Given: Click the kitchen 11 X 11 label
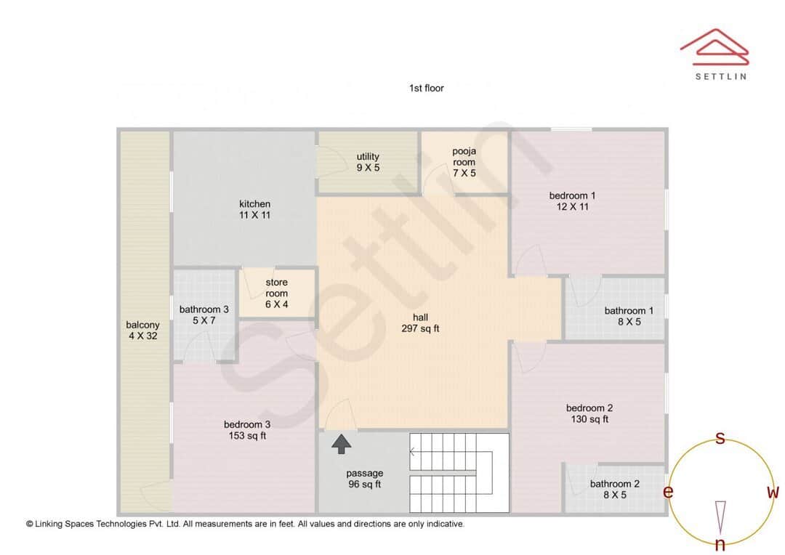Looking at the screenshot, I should click(x=254, y=209).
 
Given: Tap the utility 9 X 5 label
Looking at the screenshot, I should click(x=368, y=162).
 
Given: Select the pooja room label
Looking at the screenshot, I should click(x=464, y=162).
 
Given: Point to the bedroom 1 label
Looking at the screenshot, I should click(x=572, y=200).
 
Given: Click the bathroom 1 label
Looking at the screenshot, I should click(x=629, y=316).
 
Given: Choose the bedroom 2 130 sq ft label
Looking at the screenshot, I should click(x=589, y=413).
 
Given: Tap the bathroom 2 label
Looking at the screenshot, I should click(x=615, y=489).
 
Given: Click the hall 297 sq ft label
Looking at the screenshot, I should click(x=420, y=323).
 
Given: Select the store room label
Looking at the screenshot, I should click(x=276, y=293).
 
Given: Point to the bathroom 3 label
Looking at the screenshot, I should click(x=204, y=315).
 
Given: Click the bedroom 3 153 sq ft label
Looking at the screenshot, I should click(x=247, y=430).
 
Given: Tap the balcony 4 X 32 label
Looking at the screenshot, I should click(x=142, y=331).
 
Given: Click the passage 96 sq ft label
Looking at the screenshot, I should click(x=365, y=479).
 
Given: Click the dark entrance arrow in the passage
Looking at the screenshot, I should click(x=342, y=444).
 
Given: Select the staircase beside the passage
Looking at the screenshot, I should click(x=459, y=473).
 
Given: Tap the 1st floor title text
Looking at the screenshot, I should click(x=427, y=88).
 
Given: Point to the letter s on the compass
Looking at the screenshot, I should click(x=720, y=438).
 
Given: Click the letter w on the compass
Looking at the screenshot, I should click(x=773, y=493).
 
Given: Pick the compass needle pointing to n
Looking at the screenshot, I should click(x=720, y=516).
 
